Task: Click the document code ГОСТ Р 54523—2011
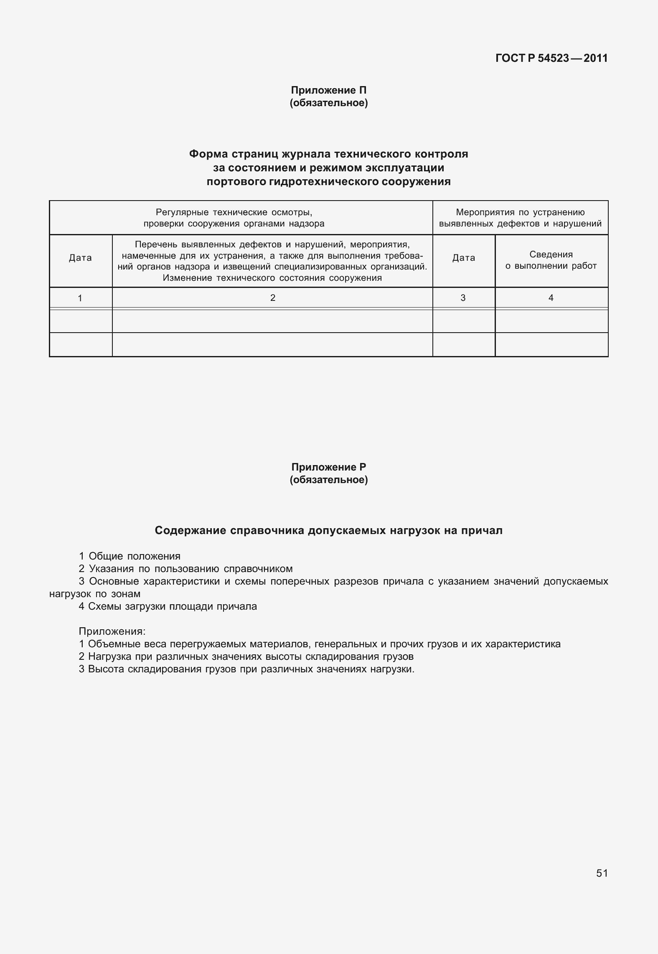(551, 58)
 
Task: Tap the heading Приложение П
(328, 90)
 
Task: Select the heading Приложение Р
(328, 467)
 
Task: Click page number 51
(602, 873)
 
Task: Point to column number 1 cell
(80, 298)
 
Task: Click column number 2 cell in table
(272, 298)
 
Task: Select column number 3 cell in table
(463, 298)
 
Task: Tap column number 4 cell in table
(551, 298)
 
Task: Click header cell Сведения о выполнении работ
(551, 260)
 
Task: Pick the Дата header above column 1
(80, 258)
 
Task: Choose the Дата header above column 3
(463, 258)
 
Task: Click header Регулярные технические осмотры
(234, 212)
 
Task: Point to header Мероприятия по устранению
(520, 212)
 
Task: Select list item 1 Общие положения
(130, 556)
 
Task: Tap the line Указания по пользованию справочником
(185, 569)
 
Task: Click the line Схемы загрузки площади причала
(168, 606)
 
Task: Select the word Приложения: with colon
(112, 631)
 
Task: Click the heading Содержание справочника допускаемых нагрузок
(328, 531)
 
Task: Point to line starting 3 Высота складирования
(246, 669)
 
